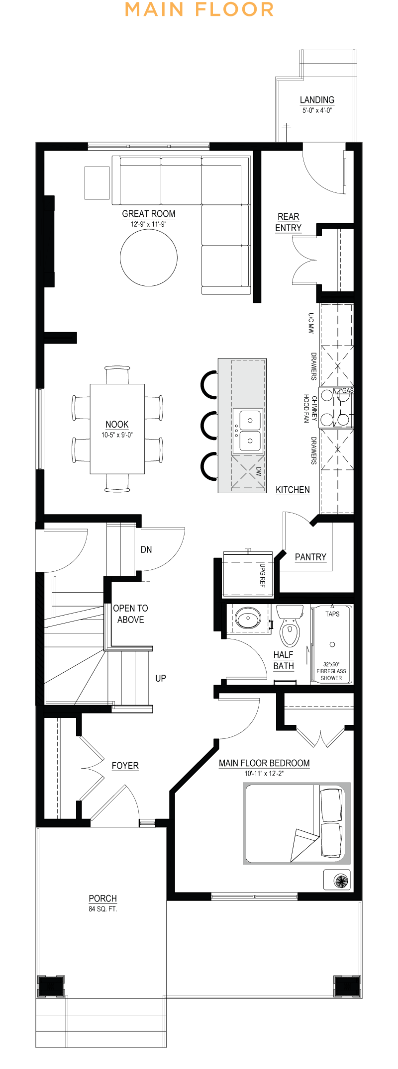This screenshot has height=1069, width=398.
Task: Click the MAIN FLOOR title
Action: (199, 9)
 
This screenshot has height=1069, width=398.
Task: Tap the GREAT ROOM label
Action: (149, 214)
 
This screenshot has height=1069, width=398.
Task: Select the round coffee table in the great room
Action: (149, 258)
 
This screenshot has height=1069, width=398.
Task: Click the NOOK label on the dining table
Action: (117, 424)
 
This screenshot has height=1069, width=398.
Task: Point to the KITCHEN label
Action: (293, 490)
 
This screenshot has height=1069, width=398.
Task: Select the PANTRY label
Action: (310, 557)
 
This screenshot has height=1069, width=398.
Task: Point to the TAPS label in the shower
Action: (332, 614)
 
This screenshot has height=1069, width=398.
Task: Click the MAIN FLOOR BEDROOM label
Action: (264, 763)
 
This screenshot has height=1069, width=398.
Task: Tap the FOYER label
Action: (125, 766)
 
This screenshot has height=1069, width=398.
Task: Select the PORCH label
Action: (102, 898)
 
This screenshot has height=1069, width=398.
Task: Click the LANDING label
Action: (317, 100)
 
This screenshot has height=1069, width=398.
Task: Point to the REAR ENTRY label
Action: (289, 222)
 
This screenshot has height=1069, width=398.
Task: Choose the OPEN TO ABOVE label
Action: (130, 614)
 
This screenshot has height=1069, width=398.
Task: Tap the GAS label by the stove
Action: (348, 391)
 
